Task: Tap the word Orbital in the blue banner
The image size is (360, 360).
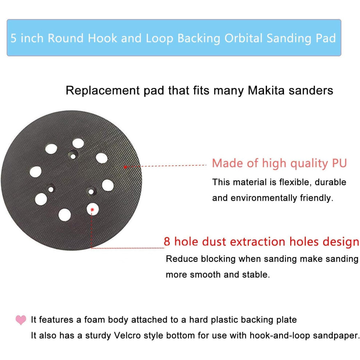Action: click(x=243, y=38)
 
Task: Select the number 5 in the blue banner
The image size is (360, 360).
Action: click(x=13, y=38)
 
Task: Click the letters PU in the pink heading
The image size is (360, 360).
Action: click(x=339, y=163)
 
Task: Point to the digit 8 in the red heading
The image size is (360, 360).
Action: click(x=167, y=242)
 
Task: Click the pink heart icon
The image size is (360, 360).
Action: click(x=21, y=320)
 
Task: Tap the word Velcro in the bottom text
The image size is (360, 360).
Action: click(x=127, y=335)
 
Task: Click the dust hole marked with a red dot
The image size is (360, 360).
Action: click(x=92, y=209)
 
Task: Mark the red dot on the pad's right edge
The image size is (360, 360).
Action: click(x=125, y=167)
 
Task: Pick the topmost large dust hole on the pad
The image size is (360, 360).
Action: click(x=78, y=143)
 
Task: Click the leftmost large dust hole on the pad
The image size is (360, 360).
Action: click(x=36, y=172)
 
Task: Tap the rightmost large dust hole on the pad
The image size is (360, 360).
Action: click(x=108, y=185)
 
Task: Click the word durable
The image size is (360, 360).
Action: click(x=331, y=182)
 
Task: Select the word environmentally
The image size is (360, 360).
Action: click(x=264, y=198)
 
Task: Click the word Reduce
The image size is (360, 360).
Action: click(x=182, y=259)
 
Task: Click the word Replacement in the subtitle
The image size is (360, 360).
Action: click(x=103, y=91)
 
